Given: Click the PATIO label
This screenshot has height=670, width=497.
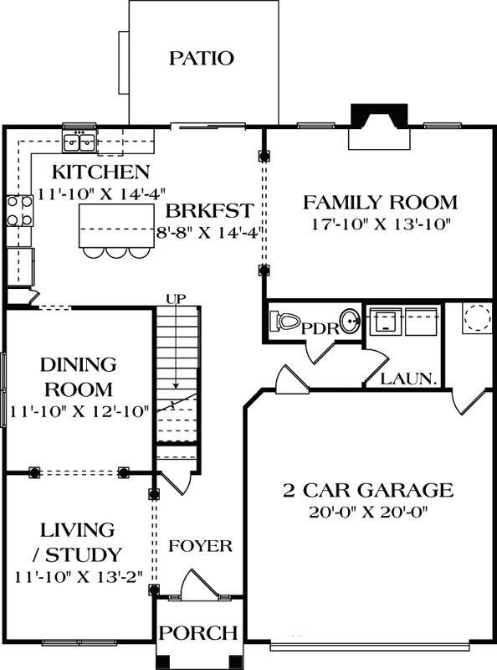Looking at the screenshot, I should [x=201, y=58].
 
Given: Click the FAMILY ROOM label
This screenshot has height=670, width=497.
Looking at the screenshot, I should [x=380, y=202].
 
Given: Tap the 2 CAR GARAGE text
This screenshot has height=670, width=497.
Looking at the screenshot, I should [x=369, y=490].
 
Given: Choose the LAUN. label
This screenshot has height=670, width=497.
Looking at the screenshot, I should [x=409, y=379].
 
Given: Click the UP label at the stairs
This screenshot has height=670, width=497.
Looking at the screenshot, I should [x=177, y=299].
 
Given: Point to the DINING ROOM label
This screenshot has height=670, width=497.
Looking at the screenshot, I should [x=77, y=377].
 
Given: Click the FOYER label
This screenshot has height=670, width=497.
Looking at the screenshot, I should [x=200, y=546].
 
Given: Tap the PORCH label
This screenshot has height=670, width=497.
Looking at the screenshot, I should [x=198, y=632].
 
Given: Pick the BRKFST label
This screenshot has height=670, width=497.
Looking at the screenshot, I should [x=204, y=209].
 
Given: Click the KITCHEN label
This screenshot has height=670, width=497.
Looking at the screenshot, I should [x=100, y=173].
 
